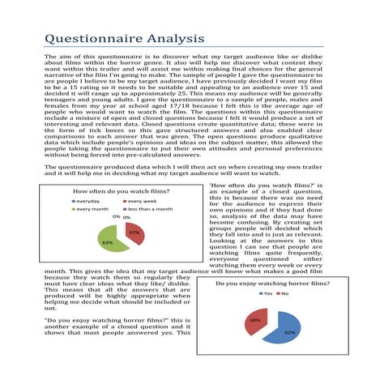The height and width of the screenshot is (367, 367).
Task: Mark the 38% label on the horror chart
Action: pyautogui.click(x=254, y=320)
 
